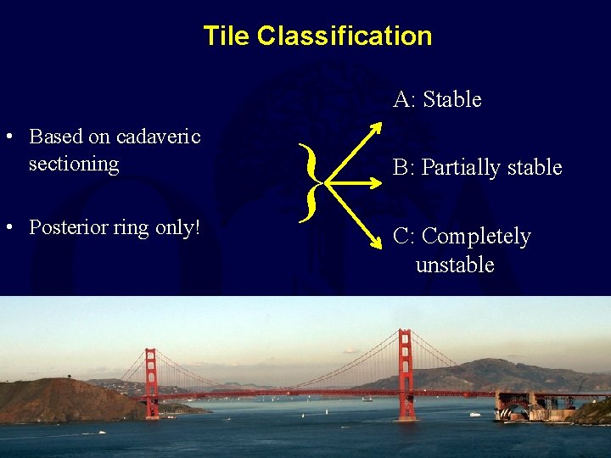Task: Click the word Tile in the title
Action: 227,36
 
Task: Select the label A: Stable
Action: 437,99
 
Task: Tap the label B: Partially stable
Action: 477,167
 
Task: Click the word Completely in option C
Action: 476,236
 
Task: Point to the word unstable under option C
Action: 455,265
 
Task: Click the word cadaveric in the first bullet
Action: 158,136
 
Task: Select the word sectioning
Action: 74,163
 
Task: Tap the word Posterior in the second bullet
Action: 64,227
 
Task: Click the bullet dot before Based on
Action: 8,137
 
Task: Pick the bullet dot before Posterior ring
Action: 8,228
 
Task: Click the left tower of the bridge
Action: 151,382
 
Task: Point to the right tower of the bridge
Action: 406,373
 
